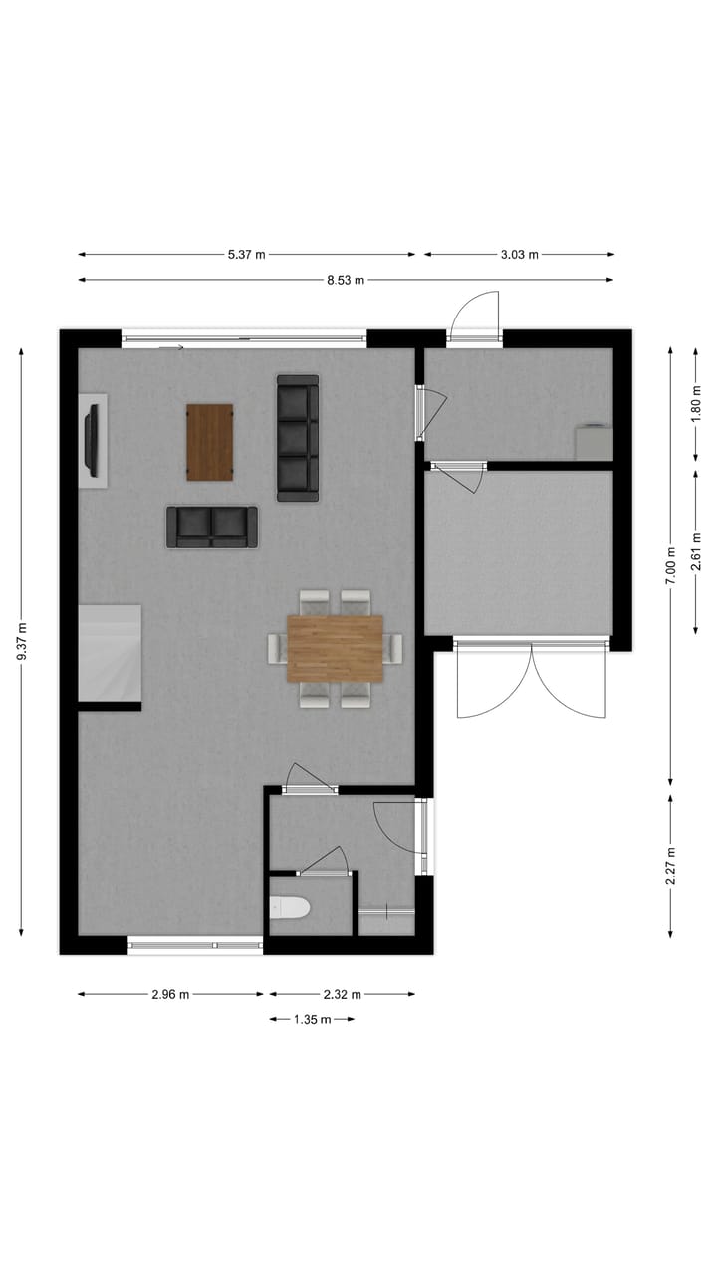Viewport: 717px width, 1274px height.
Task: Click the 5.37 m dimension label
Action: click(247, 255)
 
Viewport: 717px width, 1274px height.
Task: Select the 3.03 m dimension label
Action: click(519, 255)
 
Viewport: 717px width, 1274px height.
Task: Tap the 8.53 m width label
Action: click(346, 281)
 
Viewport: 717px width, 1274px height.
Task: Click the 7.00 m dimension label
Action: click(672, 564)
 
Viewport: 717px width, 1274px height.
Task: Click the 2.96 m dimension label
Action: click(170, 994)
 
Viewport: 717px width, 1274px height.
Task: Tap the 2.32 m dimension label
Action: click(342, 994)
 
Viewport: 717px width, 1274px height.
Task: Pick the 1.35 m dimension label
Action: click(312, 1019)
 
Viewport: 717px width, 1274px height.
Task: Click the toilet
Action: click(291, 907)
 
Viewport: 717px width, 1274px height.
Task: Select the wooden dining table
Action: click(335, 648)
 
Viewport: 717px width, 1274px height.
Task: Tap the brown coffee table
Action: click(210, 442)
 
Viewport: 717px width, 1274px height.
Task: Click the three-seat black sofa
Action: click(298, 438)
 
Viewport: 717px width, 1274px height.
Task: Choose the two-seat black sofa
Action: click(211, 528)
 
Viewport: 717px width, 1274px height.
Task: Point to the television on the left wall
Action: click(92, 439)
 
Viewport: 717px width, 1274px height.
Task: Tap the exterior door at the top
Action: click(474, 317)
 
